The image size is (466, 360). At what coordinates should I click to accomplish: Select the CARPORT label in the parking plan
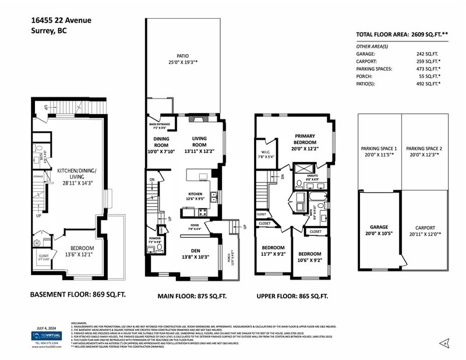pos(423,227)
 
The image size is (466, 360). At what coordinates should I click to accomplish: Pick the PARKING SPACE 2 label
pos(423,149)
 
